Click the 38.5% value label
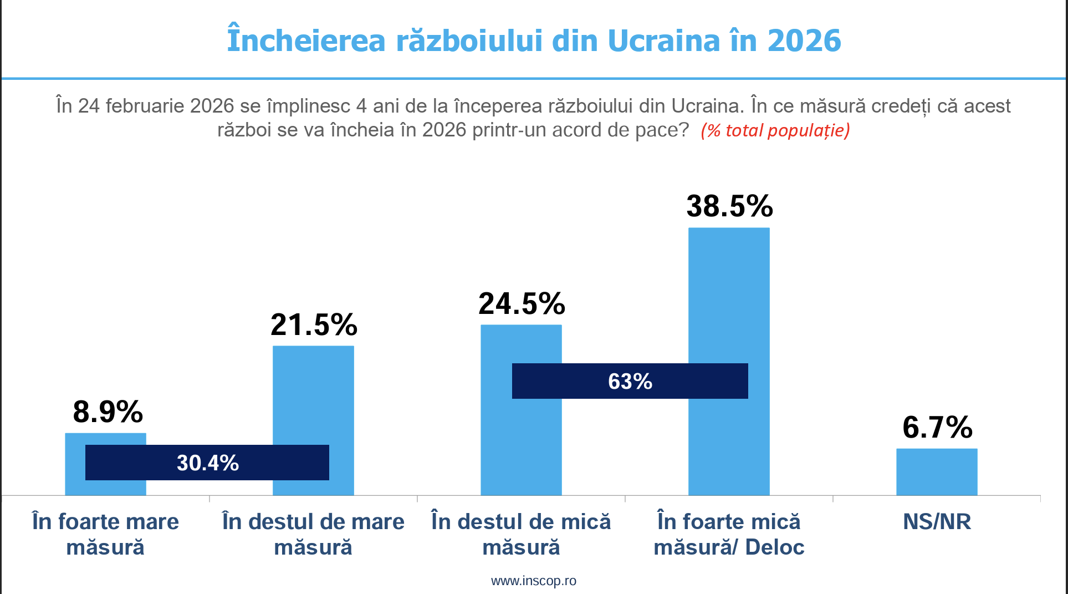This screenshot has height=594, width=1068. click(729, 206)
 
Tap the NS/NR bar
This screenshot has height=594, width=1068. click(937, 471)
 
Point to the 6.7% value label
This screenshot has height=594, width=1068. click(937, 428)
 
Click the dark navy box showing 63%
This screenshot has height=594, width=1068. click(630, 381)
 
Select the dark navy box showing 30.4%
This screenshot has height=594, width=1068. click(207, 463)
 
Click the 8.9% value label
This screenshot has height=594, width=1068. click(108, 412)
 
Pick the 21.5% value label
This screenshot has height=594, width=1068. click(314, 325)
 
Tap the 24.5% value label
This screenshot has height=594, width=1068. click(522, 304)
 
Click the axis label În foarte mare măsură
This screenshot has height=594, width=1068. click(105, 534)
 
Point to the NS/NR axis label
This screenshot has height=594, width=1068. click(937, 522)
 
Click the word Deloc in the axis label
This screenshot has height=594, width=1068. click(774, 547)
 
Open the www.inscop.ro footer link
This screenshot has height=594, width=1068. click(533, 581)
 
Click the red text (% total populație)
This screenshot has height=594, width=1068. click(775, 130)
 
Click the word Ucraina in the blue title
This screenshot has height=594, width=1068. click(664, 40)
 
